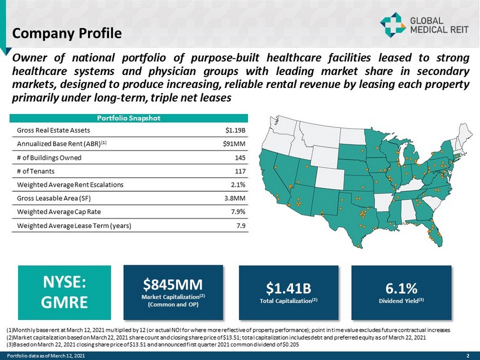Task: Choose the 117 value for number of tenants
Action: tap(239, 171)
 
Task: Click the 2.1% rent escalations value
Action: tap(238, 185)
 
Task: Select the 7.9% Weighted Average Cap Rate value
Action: tap(238, 212)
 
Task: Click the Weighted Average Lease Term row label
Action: tap(74, 226)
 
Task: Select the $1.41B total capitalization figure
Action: tap(289, 288)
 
